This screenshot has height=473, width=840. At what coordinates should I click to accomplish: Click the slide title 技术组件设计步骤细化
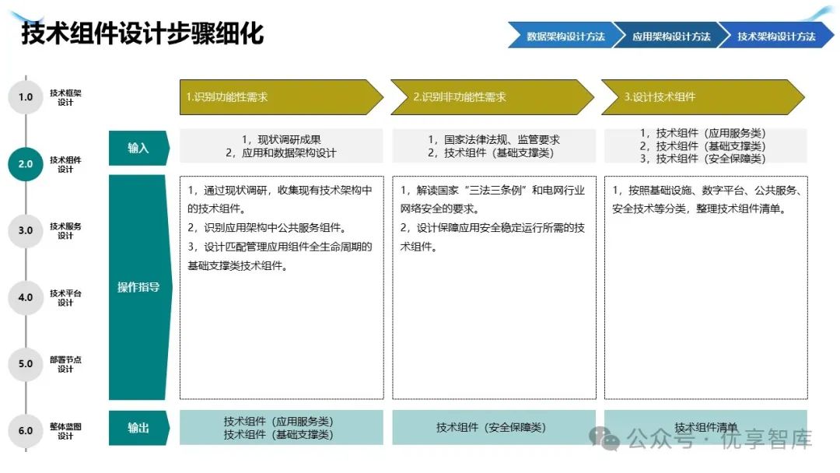click(142, 34)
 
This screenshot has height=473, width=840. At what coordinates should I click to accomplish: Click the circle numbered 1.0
click(26, 97)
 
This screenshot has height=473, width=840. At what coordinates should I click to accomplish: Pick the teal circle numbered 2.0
click(26, 164)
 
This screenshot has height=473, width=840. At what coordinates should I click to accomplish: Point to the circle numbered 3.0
click(26, 230)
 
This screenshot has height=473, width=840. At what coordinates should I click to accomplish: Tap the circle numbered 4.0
click(26, 297)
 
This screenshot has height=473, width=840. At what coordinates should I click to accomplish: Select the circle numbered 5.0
click(26, 363)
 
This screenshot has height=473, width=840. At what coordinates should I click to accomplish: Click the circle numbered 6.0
click(26, 430)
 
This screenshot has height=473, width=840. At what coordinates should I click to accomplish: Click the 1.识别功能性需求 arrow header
click(276, 97)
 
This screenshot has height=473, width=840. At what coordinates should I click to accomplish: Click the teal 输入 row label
click(138, 148)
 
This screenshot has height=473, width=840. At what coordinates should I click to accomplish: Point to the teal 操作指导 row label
click(138, 287)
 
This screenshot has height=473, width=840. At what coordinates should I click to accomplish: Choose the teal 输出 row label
click(138, 428)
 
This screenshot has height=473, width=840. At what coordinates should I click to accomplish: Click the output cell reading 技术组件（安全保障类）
click(493, 428)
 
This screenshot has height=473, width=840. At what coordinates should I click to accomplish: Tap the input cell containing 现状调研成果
click(281, 146)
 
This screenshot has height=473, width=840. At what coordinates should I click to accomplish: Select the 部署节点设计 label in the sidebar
click(65, 364)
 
